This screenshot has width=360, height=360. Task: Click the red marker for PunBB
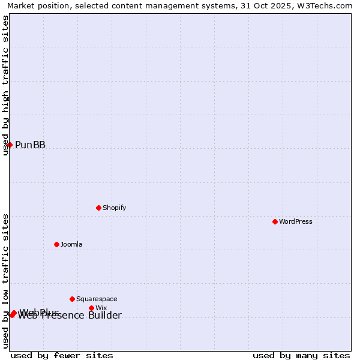10,145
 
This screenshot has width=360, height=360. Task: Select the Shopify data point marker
98,208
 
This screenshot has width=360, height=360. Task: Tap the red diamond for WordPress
275,221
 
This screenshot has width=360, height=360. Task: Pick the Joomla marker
56,244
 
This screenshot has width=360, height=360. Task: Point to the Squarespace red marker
72,299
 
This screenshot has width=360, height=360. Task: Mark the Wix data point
91,308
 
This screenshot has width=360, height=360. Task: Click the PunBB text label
30,145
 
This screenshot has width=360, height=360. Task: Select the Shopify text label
114,208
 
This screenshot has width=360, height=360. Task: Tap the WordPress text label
295,221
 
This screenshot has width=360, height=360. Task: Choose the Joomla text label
71,244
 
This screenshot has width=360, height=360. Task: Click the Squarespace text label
97,299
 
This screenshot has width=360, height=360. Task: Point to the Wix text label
101,308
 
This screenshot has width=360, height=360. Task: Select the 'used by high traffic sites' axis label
6,85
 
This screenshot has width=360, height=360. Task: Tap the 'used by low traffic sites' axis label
6,281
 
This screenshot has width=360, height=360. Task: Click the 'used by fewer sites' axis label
62,355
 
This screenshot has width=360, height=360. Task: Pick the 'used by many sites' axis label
301,355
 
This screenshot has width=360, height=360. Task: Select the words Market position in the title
35,5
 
